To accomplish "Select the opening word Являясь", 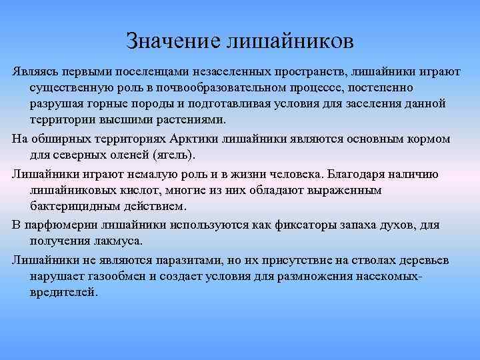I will pos(33,71).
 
